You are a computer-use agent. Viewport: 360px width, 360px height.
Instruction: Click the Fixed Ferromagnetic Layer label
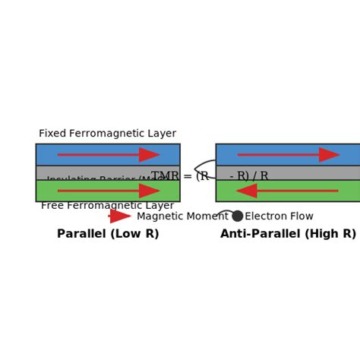pyautogui.click(x=107, y=134)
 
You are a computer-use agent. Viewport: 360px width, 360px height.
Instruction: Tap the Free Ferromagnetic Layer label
pyautogui.click(x=107, y=206)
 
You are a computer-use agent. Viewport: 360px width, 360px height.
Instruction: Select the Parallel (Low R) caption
pyautogui.click(x=108, y=234)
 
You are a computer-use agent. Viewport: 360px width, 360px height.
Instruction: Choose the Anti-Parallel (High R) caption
pyautogui.click(x=288, y=234)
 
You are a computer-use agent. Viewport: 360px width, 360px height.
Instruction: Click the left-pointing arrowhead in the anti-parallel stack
pyautogui.click(x=246, y=191)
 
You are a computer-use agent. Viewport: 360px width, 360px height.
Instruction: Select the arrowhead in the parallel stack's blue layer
pyautogui.click(x=149, y=155)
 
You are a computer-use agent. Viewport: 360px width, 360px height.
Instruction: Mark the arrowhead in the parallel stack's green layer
pyautogui.click(x=149, y=191)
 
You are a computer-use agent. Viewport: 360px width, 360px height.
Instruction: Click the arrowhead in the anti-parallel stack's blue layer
pyautogui.click(x=329, y=155)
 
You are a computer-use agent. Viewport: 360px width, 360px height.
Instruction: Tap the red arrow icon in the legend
pyautogui.click(x=120, y=216)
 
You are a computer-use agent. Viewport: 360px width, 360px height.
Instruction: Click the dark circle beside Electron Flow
pyautogui.click(x=238, y=216)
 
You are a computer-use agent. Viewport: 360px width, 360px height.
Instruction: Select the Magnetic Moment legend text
pyautogui.click(x=182, y=216)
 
